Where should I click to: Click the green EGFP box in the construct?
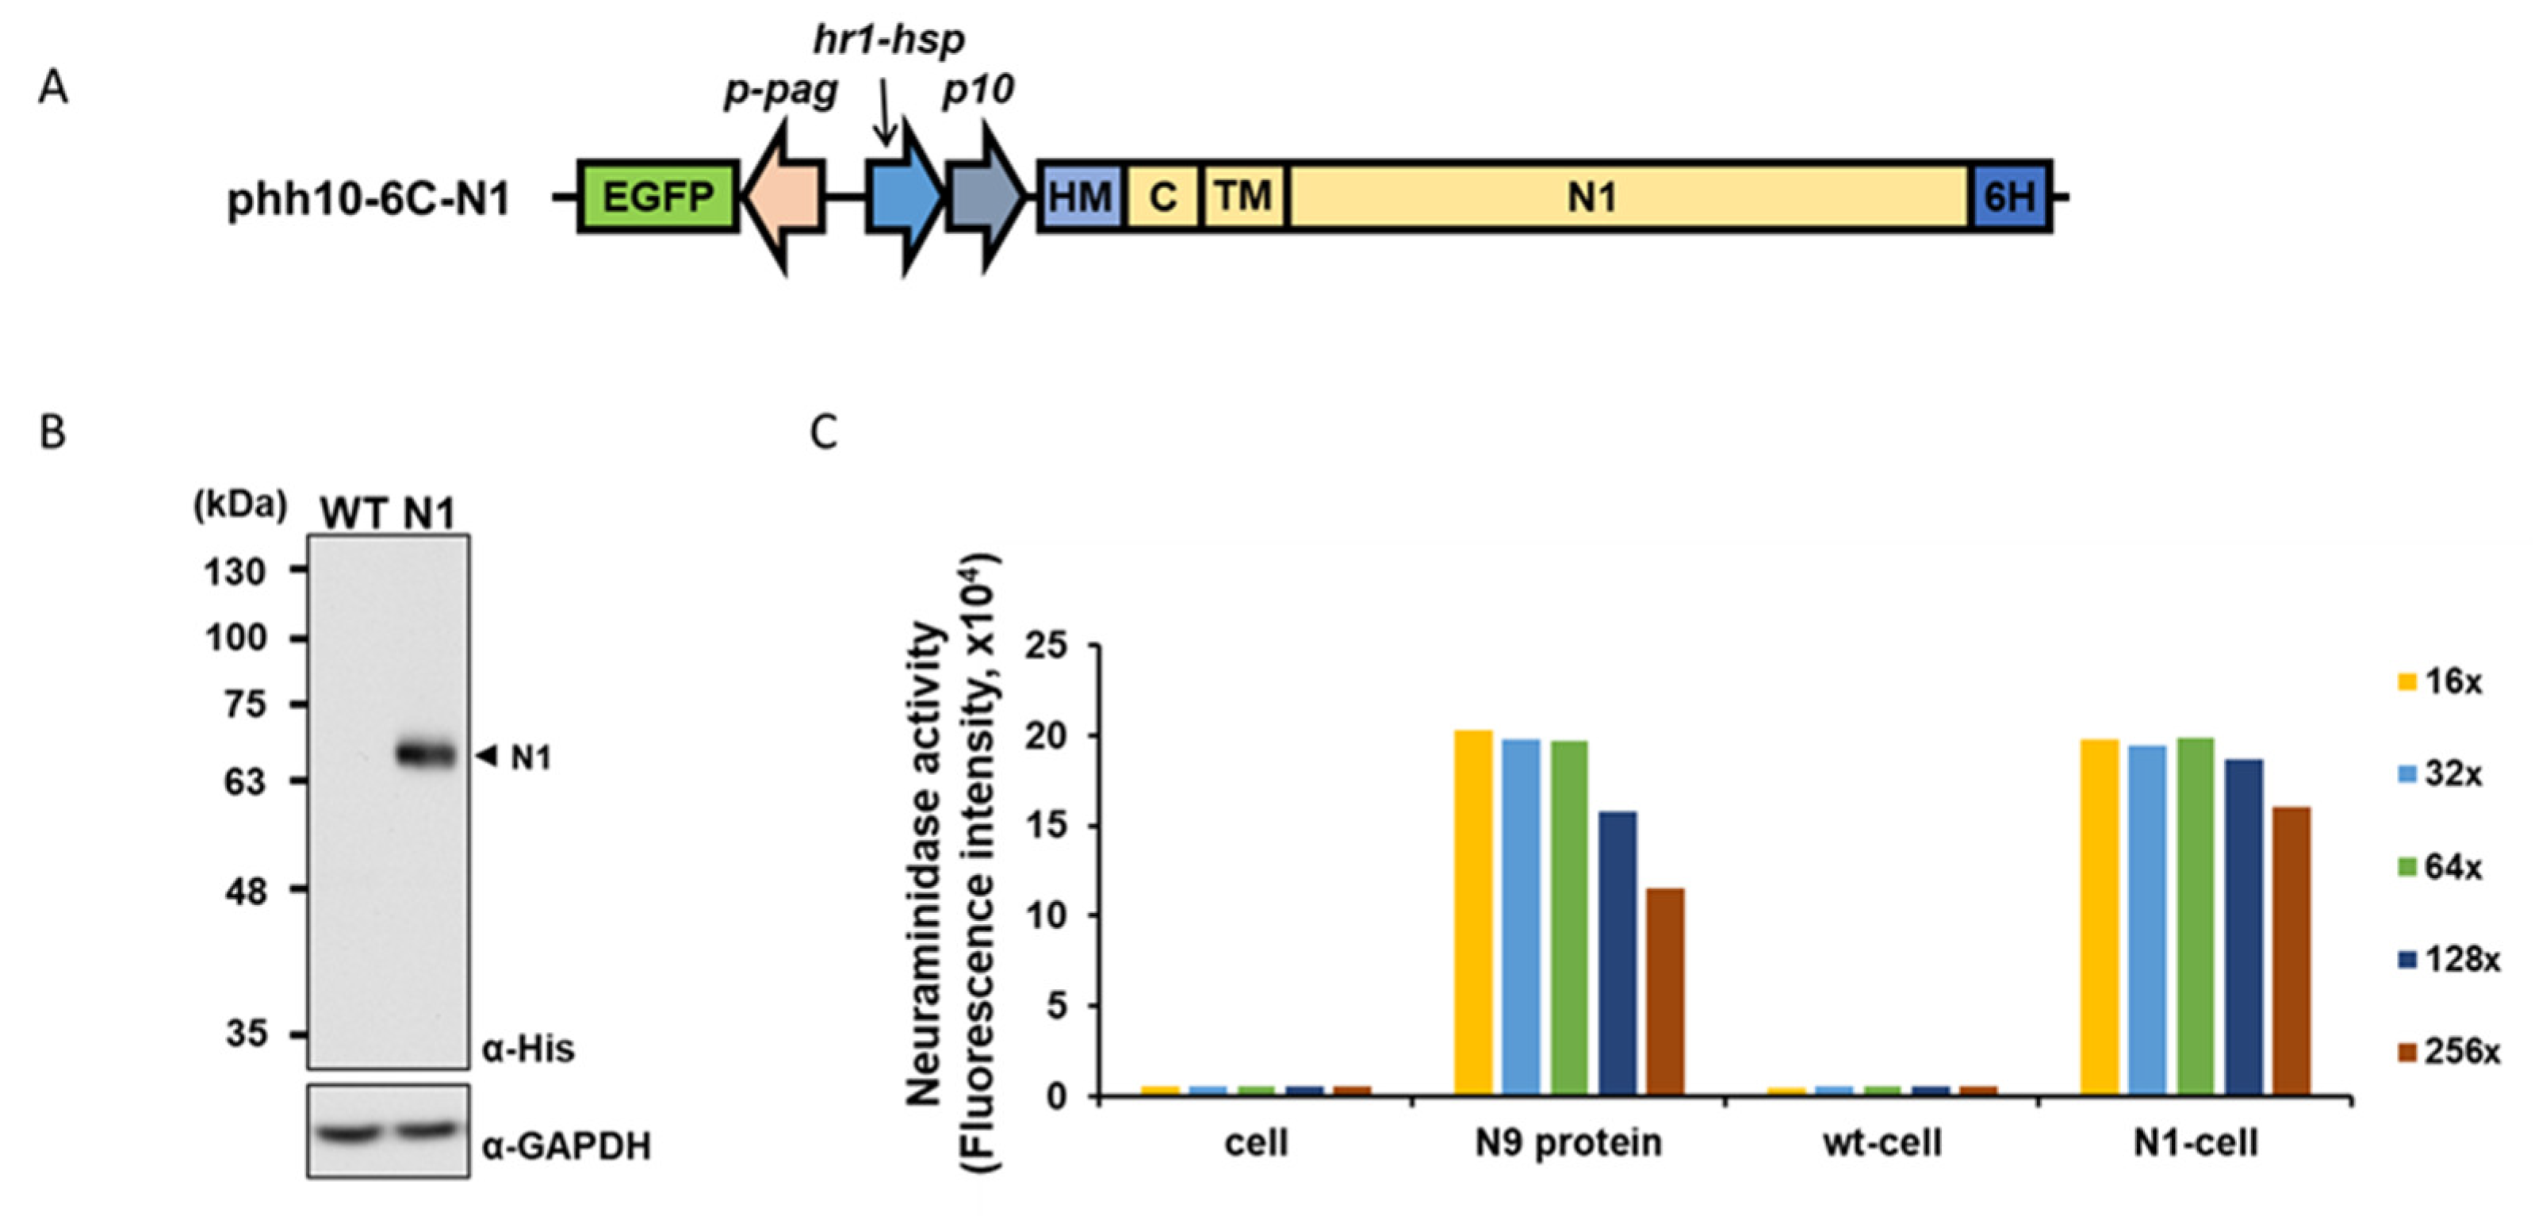point(658,197)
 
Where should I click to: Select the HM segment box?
point(1080,197)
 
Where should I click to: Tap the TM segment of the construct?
point(1243,197)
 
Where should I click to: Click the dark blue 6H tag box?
point(2010,197)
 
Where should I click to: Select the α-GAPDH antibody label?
point(566,1146)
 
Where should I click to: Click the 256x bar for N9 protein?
point(1665,992)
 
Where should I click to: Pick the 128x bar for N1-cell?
point(2244,927)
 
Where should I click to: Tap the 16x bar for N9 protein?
point(1472,912)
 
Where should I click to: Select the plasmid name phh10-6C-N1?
point(369,200)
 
